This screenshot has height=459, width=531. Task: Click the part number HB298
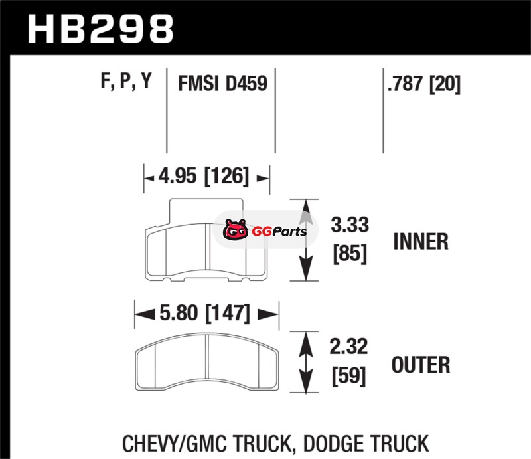(101, 29)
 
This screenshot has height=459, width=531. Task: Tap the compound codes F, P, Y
(126, 81)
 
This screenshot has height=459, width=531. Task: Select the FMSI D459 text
(223, 84)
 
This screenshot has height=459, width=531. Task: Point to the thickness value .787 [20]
(424, 84)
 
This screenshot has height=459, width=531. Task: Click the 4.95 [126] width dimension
(204, 176)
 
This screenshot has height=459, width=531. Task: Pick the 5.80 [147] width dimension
(204, 313)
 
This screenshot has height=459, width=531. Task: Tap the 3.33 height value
(350, 225)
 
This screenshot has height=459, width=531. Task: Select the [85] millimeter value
(350, 254)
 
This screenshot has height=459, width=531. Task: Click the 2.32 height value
(348, 347)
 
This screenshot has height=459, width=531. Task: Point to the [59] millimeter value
(349, 375)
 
